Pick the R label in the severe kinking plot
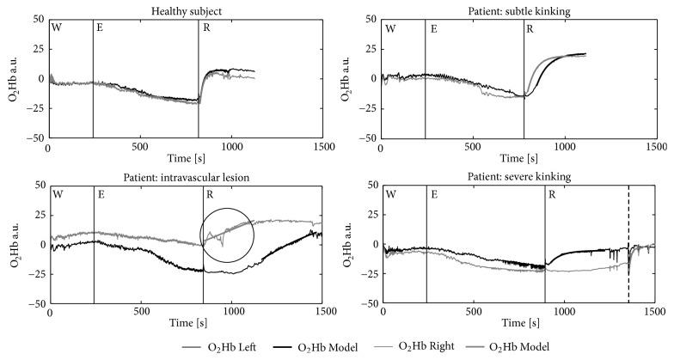click(552, 196)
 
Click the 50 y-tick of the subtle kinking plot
click(368, 18)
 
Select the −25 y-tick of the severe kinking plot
click(365, 274)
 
